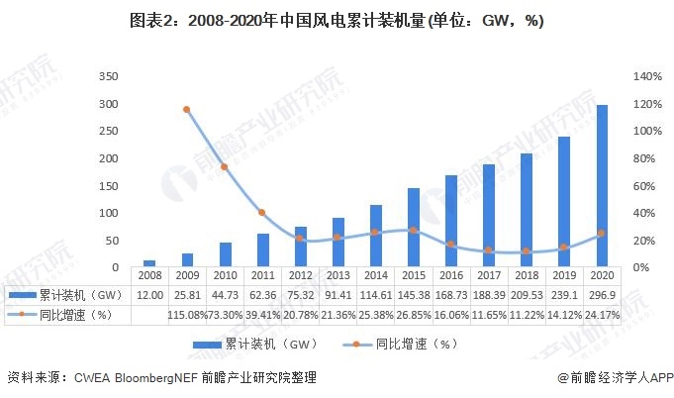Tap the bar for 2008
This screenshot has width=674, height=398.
[149, 263]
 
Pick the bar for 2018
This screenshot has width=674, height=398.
[527, 210]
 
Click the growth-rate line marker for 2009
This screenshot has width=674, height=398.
[186, 110]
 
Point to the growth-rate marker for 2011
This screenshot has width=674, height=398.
[261, 213]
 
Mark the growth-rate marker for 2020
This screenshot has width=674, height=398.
[601, 234]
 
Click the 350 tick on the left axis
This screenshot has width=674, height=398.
[109, 76]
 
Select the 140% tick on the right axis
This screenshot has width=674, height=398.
[646, 76]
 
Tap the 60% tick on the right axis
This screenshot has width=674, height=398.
[643, 186]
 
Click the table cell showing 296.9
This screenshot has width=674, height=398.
[601, 295]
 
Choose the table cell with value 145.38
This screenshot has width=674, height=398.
[413, 295]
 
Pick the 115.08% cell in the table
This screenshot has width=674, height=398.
[187, 315]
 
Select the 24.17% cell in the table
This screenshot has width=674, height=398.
[601, 315]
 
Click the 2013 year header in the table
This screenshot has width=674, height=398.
[337, 276]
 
